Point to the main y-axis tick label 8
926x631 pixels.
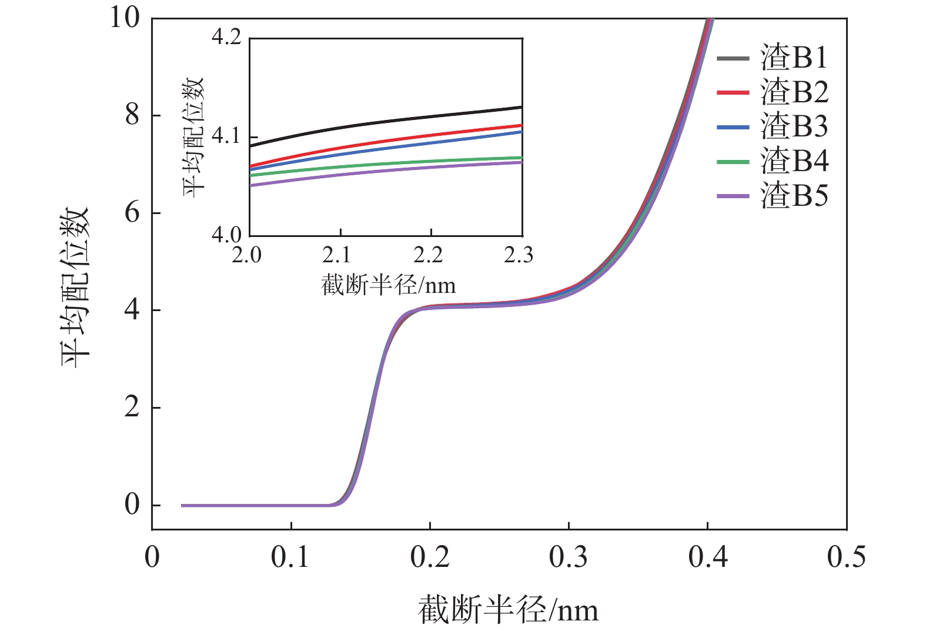click(132, 115)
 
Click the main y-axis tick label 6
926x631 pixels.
click(132, 213)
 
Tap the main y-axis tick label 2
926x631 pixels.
click(132, 408)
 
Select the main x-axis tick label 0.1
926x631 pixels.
click(290, 557)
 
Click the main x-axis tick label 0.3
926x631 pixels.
click(569, 557)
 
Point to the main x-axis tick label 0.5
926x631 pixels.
click(846, 557)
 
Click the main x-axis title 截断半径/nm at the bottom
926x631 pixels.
click(508, 610)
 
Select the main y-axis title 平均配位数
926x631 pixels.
click(76, 288)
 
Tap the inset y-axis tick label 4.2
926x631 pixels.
click(226, 38)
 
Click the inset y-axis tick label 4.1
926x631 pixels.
click(226, 136)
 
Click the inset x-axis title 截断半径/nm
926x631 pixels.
click(389, 286)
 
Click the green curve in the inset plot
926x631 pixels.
click(382, 164)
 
